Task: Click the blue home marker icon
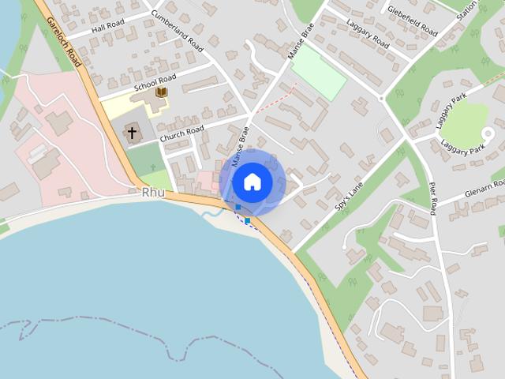[252, 182]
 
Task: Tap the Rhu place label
[153, 193]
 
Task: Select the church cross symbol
[132, 133]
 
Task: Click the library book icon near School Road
[161, 93]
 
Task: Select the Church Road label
[183, 133]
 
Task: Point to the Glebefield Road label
[413, 21]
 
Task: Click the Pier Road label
[432, 197]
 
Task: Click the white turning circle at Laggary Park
[488, 135]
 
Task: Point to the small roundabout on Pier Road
[382, 98]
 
